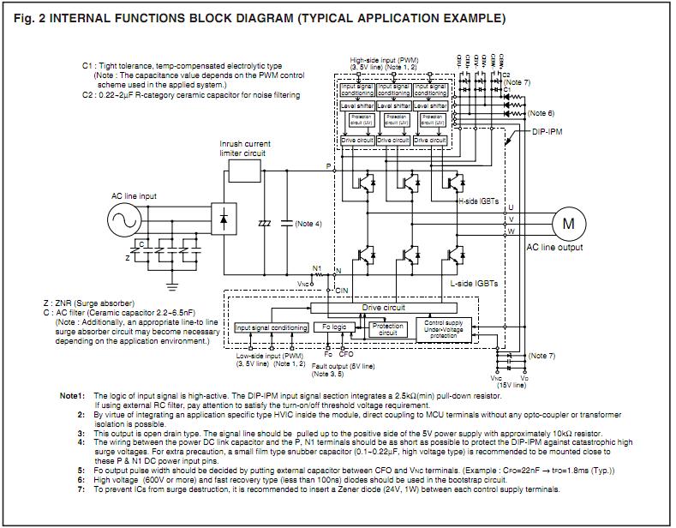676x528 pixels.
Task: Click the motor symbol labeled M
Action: [568, 223]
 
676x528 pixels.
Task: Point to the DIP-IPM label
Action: [549, 132]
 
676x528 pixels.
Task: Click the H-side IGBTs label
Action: [480, 200]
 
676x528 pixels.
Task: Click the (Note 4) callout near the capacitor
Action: [308, 224]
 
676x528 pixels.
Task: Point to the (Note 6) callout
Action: [541, 113]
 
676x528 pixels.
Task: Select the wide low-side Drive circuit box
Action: [383, 307]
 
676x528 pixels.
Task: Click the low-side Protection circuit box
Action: [388, 329]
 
